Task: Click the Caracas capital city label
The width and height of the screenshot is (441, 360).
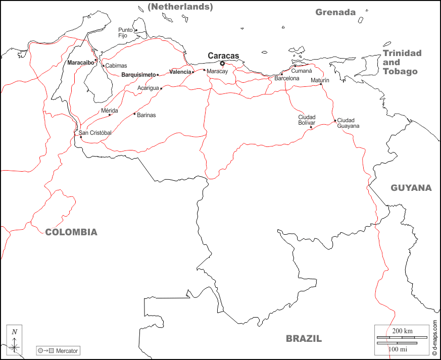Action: (223, 56)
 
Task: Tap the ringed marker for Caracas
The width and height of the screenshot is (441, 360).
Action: (222, 64)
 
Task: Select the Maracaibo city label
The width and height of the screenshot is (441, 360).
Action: (80, 63)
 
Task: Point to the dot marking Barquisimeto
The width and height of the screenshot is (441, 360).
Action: (158, 75)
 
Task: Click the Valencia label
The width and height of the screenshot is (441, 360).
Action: (180, 72)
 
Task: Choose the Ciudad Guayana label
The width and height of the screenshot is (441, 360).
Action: (348, 123)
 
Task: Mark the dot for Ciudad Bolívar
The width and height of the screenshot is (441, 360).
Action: (311, 127)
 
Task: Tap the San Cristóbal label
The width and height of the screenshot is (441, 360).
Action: (95, 133)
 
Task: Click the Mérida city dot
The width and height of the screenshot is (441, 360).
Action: (110, 115)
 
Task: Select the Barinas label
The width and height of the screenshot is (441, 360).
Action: (146, 115)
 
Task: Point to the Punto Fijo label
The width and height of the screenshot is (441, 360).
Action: (125, 33)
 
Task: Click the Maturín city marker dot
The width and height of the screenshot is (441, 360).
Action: (321, 84)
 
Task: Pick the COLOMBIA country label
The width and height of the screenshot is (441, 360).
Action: (71, 232)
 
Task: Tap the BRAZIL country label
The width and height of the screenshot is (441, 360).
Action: (304, 339)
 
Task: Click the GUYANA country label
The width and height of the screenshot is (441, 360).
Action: (411, 188)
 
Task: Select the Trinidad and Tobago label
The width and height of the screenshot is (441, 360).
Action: (402, 62)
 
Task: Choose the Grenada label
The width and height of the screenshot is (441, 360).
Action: (335, 12)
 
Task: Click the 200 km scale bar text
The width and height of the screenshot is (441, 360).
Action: (402, 331)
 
